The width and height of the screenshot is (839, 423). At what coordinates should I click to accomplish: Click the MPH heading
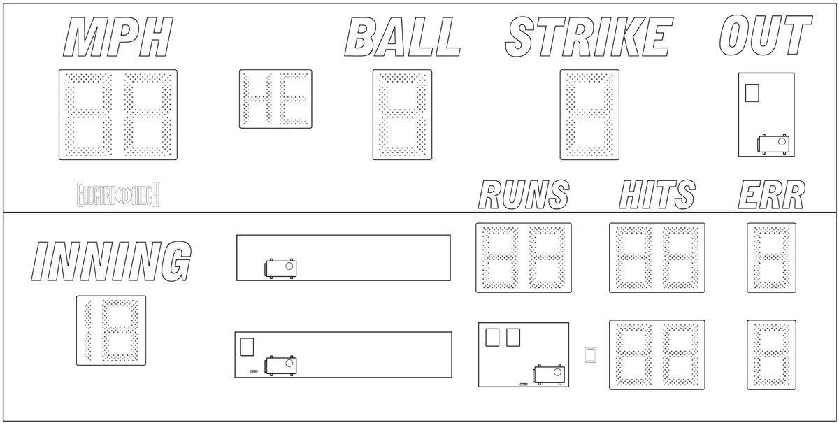click(118, 37)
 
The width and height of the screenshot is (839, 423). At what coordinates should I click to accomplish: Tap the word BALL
click(402, 37)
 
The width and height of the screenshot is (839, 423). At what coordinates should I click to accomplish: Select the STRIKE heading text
click(589, 37)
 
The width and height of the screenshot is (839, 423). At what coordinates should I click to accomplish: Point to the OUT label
click(766, 35)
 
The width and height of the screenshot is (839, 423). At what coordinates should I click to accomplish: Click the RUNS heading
click(524, 194)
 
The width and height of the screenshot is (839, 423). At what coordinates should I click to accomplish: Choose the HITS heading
click(657, 194)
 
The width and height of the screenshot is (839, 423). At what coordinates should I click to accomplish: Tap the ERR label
click(772, 194)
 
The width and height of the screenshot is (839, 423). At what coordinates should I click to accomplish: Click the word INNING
click(111, 261)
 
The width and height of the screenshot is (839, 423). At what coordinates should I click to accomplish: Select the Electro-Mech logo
click(118, 194)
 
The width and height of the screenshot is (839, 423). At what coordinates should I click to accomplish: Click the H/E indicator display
click(275, 99)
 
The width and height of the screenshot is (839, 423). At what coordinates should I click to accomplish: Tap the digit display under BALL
click(402, 115)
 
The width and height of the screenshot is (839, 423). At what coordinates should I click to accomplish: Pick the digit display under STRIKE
click(589, 115)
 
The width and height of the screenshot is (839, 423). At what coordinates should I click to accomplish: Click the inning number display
click(111, 331)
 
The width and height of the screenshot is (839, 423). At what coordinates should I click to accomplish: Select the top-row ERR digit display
click(772, 258)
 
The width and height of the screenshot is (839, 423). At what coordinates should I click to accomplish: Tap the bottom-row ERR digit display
click(772, 354)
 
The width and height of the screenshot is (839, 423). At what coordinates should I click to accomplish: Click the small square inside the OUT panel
click(752, 93)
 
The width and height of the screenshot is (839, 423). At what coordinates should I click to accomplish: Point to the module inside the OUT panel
click(773, 144)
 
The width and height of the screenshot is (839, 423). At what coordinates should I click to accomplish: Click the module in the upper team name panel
click(280, 268)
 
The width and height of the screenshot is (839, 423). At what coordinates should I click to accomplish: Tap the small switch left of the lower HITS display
click(590, 354)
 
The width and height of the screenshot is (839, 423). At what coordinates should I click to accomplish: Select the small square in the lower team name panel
click(247, 347)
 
